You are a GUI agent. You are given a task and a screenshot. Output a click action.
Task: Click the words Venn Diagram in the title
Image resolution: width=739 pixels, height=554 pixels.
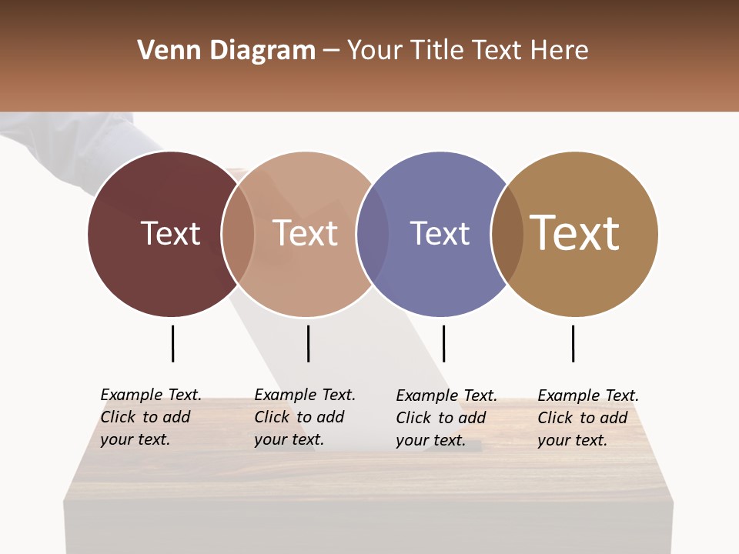click(x=226, y=51)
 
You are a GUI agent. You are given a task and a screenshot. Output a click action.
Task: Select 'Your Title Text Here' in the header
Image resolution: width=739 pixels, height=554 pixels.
click(x=467, y=51)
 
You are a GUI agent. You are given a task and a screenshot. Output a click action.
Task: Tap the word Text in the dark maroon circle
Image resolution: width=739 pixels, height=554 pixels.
click(x=170, y=233)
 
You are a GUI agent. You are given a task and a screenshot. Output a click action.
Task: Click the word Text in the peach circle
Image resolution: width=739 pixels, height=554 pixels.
click(x=306, y=233)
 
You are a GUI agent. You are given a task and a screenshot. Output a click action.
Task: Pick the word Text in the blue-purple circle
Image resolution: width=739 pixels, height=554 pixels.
click(x=440, y=233)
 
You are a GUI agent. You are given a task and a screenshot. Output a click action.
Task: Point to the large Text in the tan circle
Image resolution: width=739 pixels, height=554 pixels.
click(x=575, y=233)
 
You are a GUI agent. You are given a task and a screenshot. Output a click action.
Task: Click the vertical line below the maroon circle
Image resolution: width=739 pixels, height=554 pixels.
click(x=172, y=343)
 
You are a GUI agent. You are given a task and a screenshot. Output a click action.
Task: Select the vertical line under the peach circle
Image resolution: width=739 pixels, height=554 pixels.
click(x=308, y=343)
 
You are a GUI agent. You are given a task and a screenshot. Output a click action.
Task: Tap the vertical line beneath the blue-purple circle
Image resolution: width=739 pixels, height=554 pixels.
click(x=443, y=343)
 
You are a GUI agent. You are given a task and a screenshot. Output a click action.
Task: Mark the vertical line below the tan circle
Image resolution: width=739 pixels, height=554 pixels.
click(x=573, y=343)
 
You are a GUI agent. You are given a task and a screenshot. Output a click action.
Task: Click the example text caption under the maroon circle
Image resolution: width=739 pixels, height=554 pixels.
click(x=151, y=417)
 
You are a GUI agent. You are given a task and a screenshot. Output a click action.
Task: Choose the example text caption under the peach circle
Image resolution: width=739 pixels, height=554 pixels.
click(x=305, y=417)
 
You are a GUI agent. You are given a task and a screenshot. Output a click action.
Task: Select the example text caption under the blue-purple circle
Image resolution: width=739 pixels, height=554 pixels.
click(x=446, y=418)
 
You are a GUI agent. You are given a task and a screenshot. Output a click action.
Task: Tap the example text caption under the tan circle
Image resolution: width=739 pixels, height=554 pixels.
click(x=588, y=418)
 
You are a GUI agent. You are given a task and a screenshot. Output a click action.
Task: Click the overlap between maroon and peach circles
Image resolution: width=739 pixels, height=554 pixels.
click(x=238, y=234)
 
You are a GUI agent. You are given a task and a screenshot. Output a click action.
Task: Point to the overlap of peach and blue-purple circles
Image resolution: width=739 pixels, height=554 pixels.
click(x=373, y=234)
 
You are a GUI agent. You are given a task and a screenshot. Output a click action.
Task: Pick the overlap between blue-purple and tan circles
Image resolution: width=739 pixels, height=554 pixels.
click(x=507, y=234)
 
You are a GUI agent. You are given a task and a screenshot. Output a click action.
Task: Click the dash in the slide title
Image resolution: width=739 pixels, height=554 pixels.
click(x=331, y=52)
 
